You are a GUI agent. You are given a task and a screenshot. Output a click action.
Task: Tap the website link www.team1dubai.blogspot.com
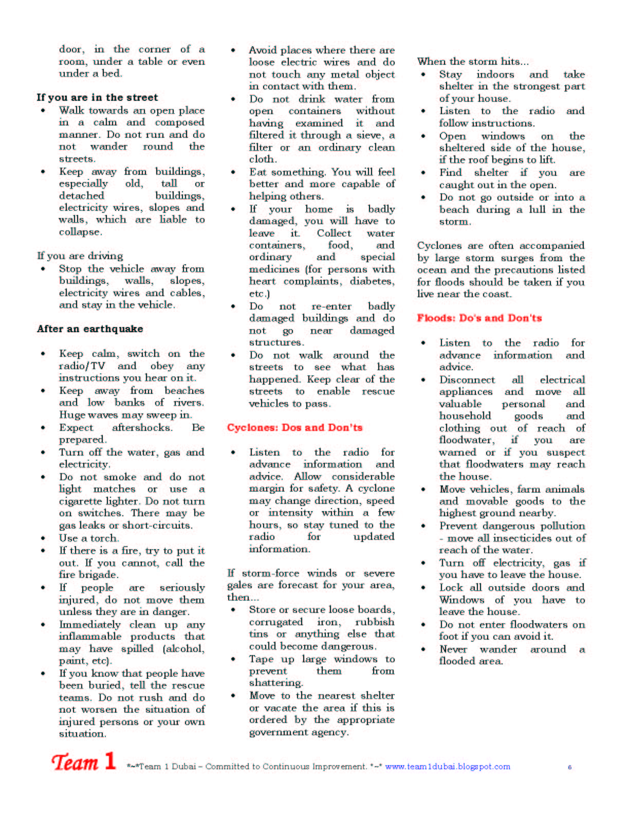(x=448, y=766)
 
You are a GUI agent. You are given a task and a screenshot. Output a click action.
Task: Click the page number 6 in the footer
(x=569, y=767)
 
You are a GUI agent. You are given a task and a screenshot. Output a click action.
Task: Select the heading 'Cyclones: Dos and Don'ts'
(x=294, y=427)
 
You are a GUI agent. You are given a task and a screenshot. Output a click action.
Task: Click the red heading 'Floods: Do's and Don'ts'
(x=479, y=318)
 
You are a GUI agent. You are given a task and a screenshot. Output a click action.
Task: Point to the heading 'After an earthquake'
(x=90, y=329)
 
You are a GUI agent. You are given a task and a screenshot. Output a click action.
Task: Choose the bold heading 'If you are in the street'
(x=97, y=97)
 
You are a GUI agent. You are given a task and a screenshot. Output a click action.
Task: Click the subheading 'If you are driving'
(x=80, y=256)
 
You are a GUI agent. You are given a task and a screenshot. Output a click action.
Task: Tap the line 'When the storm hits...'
(x=472, y=61)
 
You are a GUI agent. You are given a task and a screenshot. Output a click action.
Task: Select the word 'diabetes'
(x=372, y=281)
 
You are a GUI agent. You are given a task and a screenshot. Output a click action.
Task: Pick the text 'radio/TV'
(x=82, y=366)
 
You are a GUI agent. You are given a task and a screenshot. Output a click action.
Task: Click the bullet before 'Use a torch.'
(x=43, y=538)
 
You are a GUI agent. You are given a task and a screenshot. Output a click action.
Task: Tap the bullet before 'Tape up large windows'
(x=233, y=659)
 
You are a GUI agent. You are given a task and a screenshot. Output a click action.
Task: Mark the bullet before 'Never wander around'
(x=423, y=649)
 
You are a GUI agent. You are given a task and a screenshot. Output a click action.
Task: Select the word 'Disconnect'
(x=467, y=379)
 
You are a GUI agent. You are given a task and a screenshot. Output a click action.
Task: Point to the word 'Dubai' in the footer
(x=184, y=766)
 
